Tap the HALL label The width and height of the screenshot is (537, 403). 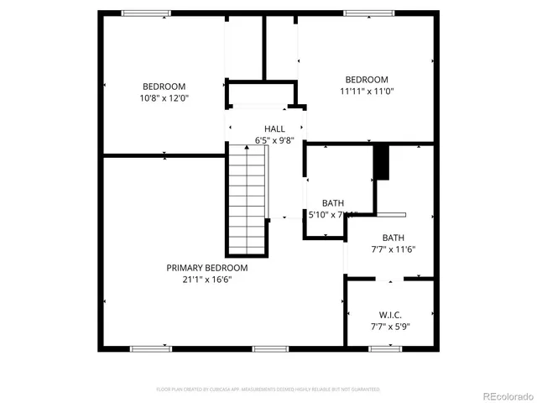pos(274,128)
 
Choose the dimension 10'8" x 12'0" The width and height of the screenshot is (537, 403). pos(164,97)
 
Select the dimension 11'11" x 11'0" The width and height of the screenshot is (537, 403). pos(367,92)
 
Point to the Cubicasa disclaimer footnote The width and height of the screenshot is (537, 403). pos(268,390)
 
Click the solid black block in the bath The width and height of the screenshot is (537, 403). pos(382,162)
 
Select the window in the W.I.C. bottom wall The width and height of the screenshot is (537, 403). pos(384,348)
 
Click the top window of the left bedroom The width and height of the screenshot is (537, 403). pos(146,13)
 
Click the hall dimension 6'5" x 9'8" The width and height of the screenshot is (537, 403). pos(274,140)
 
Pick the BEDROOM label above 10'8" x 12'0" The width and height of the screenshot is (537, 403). pos(164,86)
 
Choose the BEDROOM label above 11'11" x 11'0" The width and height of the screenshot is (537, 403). pos(367,80)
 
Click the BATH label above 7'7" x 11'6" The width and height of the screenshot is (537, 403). pos(394,238)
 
